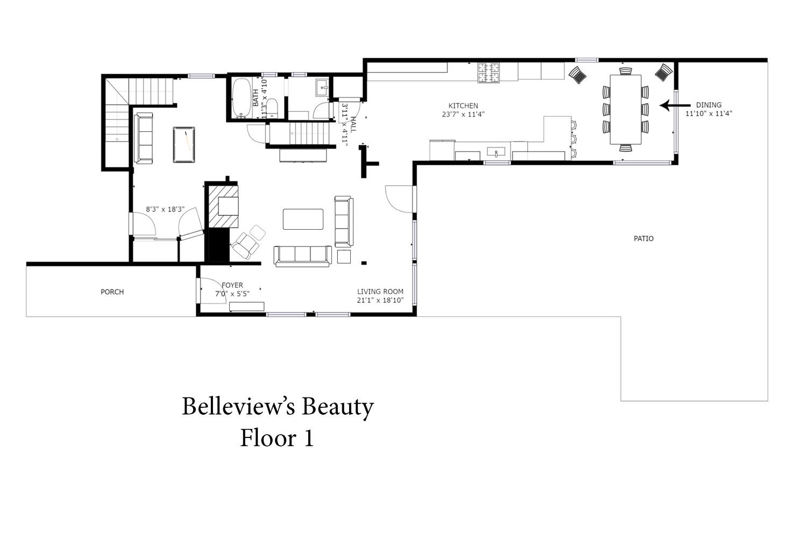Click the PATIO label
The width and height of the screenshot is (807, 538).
click(x=643, y=238)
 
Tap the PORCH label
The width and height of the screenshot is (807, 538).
click(x=112, y=292)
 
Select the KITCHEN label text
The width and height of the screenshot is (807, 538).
click(x=463, y=106)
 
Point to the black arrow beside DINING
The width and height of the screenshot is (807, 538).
click(x=675, y=105)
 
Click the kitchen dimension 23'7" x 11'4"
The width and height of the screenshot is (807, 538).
click(x=463, y=115)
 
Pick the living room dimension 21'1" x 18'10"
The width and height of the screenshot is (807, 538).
click(x=380, y=300)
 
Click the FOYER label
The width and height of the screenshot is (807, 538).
click(x=232, y=285)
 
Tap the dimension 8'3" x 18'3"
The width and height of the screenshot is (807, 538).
click(x=165, y=209)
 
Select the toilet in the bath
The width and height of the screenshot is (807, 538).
click(x=272, y=108)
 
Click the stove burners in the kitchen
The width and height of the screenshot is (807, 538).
click(x=489, y=73)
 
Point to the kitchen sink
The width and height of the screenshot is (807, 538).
click(x=496, y=152)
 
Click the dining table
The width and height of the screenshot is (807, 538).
click(x=625, y=110)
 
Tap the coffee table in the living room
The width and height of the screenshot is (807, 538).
click(x=303, y=219)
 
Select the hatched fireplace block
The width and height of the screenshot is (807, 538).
click(x=223, y=207)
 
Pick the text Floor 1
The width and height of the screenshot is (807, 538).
click(x=277, y=438)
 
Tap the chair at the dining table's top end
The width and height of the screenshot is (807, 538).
click(x=625, y=71)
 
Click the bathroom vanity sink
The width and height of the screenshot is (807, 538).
click(x=322, y=88)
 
